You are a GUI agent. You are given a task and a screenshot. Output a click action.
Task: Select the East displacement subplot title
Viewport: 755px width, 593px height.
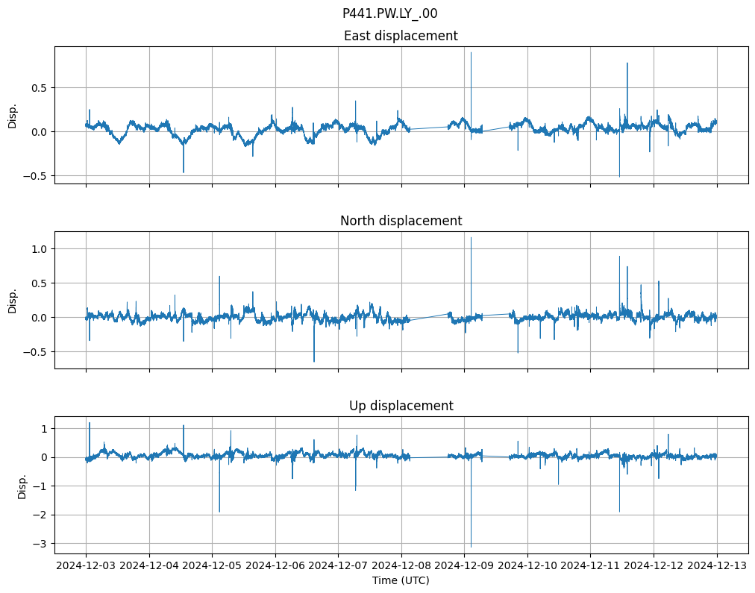tap(401, 36)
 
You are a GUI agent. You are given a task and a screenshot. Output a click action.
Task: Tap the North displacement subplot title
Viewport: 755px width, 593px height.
tap(401, 221)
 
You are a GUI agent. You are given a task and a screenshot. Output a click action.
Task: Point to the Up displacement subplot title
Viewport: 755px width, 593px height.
tap(401, 406)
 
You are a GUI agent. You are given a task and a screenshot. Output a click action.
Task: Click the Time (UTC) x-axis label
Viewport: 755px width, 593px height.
tap(401, 580)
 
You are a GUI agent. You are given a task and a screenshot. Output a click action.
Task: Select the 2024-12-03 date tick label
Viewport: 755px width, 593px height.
tap(86, 565)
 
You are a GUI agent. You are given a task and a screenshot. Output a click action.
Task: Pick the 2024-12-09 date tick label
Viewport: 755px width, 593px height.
tap(464, 565)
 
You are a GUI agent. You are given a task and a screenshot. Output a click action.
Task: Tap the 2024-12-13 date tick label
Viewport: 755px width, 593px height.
tap(717, 565)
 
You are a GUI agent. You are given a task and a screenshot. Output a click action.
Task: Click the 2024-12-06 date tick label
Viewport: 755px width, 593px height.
tap(275, 565)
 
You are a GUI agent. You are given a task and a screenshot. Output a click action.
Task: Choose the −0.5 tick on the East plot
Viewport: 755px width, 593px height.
tap(36, 176)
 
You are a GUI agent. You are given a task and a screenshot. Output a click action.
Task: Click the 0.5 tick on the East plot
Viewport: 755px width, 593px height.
tap(39, 87)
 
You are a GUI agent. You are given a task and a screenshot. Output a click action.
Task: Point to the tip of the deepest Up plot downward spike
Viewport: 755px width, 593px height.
tap(471, 547)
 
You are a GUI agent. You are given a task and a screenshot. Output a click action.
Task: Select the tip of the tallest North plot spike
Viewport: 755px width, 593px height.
tap(471, 237)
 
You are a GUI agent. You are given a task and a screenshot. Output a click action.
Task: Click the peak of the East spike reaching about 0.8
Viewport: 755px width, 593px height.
tap(627, 63)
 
